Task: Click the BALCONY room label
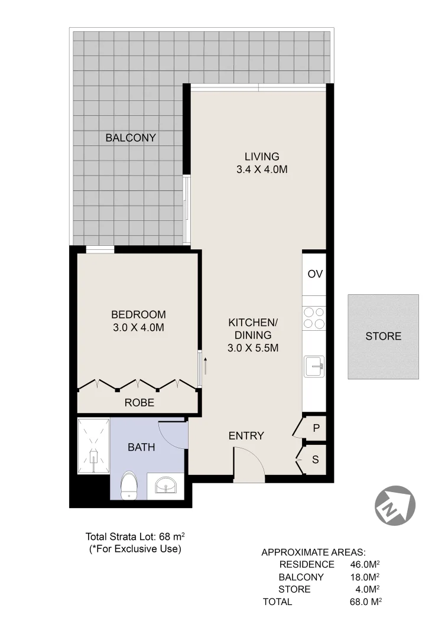point(131,138)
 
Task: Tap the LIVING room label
point(261,157)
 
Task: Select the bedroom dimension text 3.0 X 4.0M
point(139,327)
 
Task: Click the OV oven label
point(314,274)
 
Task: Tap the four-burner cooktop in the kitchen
point(314,318)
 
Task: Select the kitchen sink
point(314,366)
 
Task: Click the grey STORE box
point(383,336)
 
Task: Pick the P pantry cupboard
point(316,428)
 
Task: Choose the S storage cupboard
point(315,459)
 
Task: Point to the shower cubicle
point(93,447)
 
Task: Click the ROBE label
point(139,403)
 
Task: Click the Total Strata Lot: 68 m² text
point(135,536)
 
